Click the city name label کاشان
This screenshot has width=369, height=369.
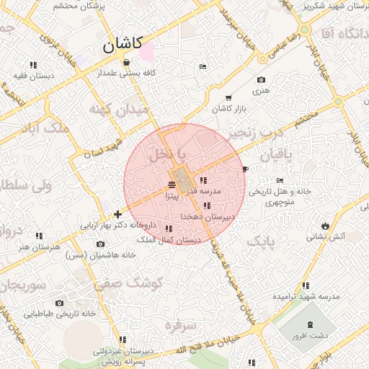[x=123, y=45]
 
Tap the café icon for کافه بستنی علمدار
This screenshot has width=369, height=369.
[x=127, y=62]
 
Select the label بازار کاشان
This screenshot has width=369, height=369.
[x=229, y=108]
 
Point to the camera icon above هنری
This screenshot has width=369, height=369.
[x=261, y=80]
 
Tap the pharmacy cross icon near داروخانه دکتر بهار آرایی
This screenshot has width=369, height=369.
[x=118, y=214]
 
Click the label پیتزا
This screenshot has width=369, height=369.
[x=170, y=195]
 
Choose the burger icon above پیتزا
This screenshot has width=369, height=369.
[x=171, y=185]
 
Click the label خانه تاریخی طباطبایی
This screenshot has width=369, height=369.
[x=60, y=314]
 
